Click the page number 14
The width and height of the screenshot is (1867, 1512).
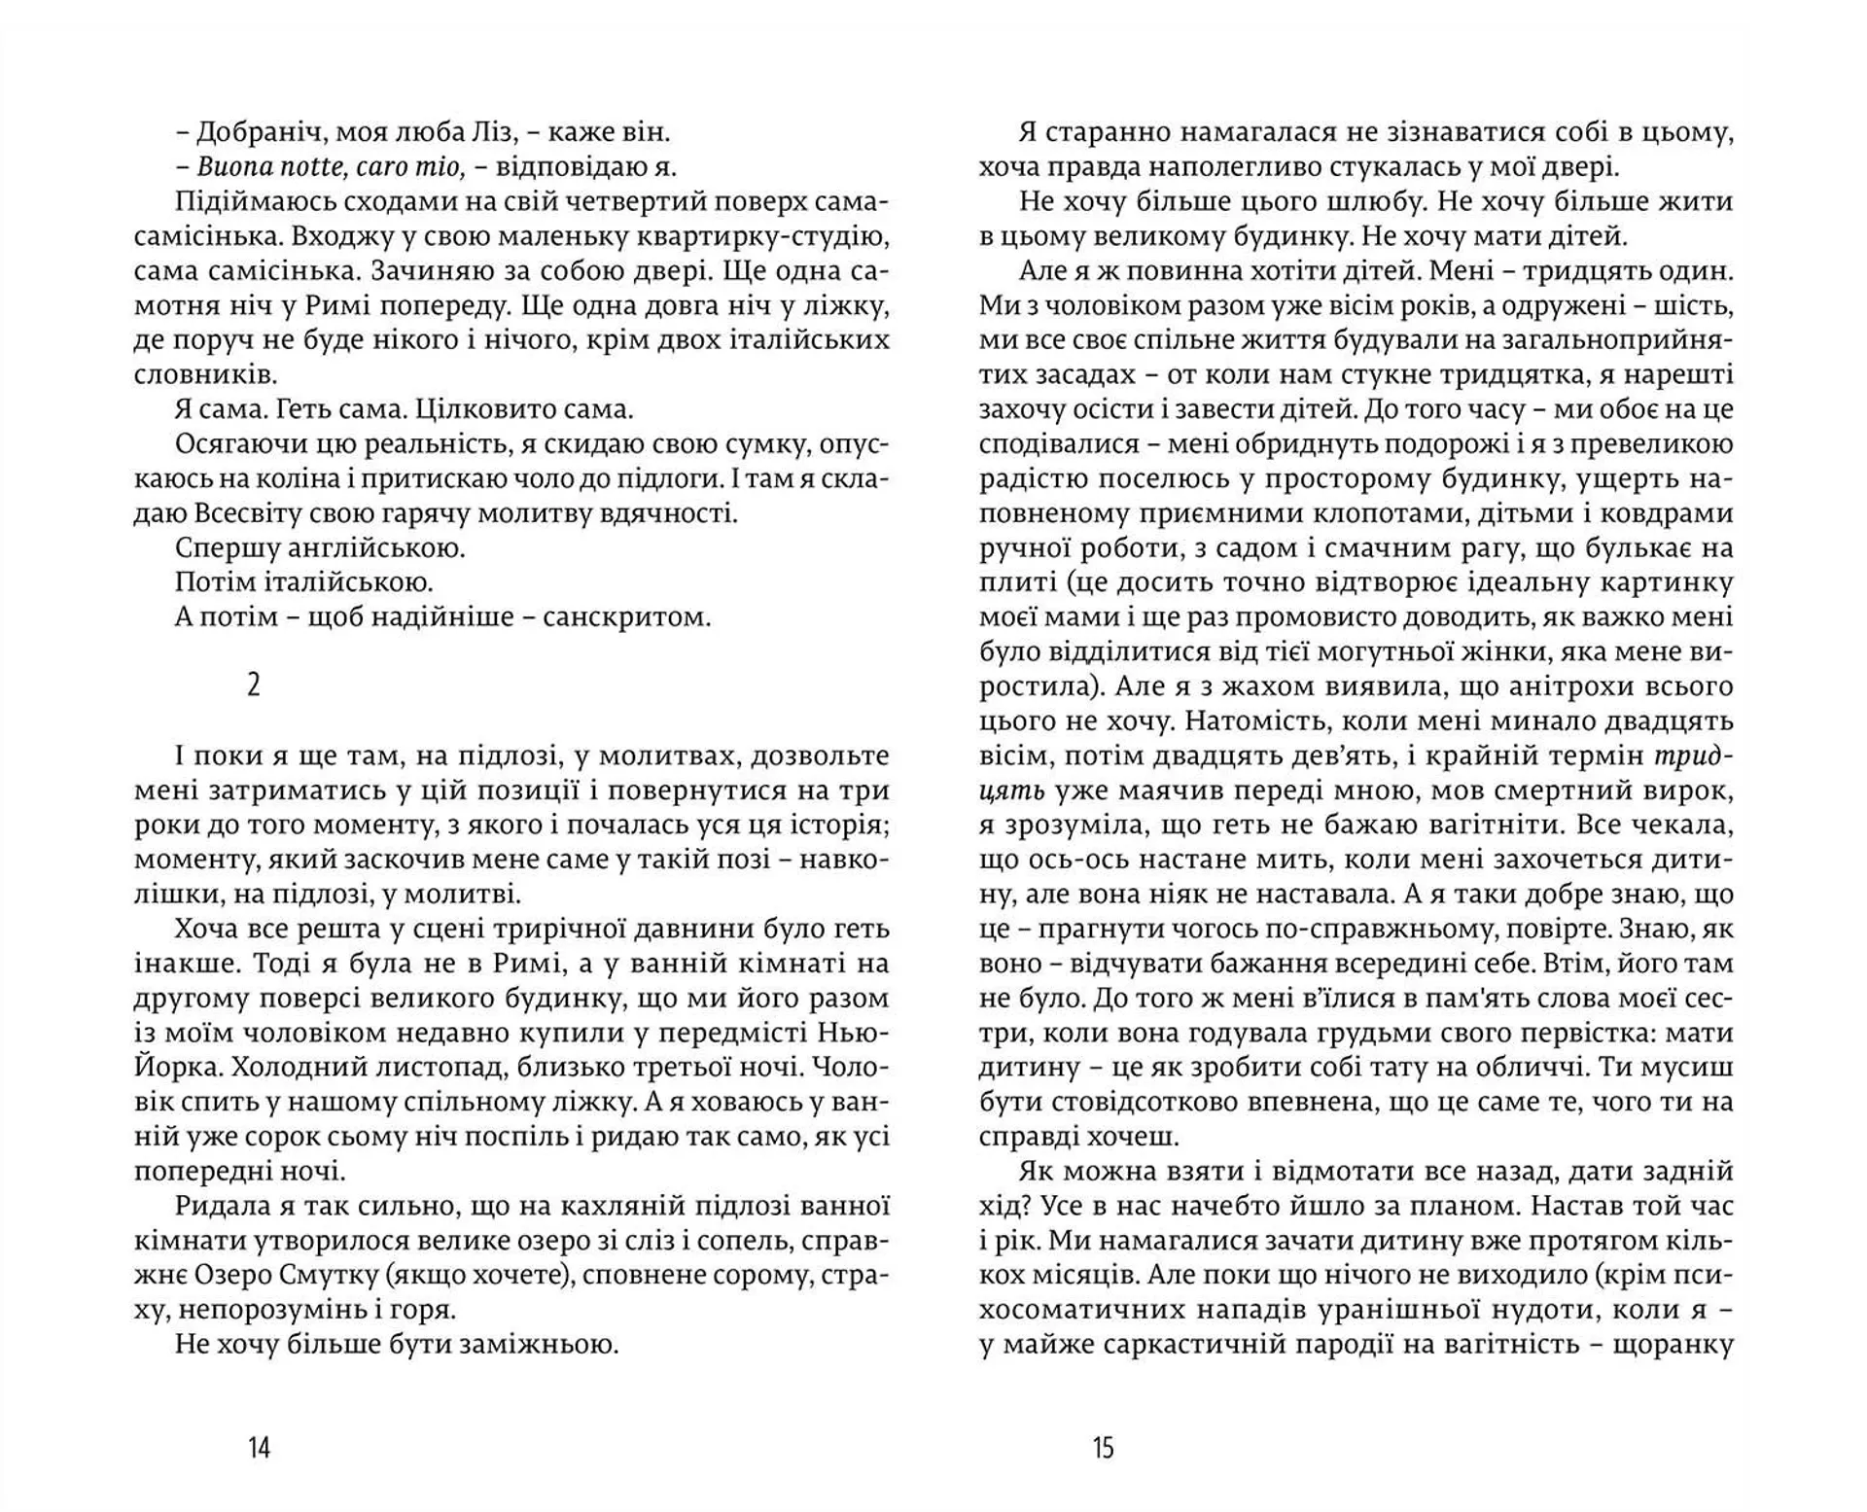click(259, 1448)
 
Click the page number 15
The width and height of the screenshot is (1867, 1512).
click(1103, 1448)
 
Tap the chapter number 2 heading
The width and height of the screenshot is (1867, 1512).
click(254, 686)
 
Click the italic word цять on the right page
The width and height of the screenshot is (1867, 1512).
click(1011, 791)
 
